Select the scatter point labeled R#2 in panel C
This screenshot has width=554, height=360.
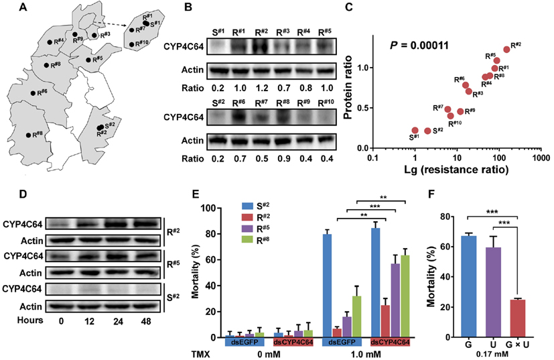pos(506,49)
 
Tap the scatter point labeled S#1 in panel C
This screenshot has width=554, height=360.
pos(415,131)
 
